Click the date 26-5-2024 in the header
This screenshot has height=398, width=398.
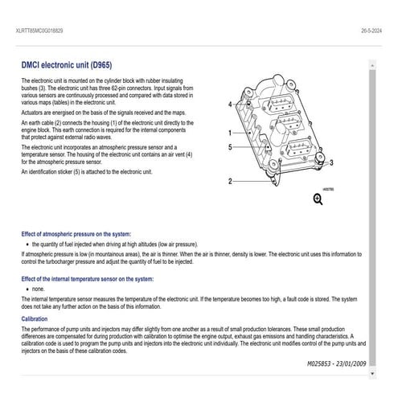pos(372,29)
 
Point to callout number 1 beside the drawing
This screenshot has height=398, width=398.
pos(230,133)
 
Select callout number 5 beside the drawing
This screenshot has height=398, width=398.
pos(230,148)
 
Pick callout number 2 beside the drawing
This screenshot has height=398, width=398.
pos(230,181)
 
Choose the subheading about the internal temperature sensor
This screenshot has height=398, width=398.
pos(87,279)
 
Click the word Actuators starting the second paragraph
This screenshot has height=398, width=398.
pos(35,113)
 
